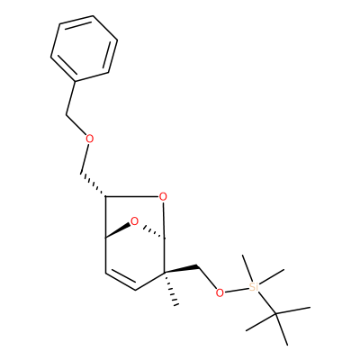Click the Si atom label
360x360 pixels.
[x=254, y=287]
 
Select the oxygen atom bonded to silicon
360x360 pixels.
[x=220, y=292]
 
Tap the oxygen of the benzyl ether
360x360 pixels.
[x=89, y=139]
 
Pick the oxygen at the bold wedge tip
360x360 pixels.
[x=134, y=221]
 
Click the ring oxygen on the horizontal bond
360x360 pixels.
[x=163, y=197]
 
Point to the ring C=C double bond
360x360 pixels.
[x=121, y=280]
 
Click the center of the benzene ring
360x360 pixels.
[x=84, y=49]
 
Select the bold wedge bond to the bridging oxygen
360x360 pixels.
[x=118, y=230]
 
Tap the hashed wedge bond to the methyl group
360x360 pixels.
[x=171, y=289]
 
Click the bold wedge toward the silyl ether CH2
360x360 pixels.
[x=181, y=269]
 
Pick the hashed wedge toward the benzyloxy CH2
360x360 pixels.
[x=93, y=184]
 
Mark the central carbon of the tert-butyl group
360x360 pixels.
[x=275, y=314]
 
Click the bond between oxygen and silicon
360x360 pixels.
[x=237, y=290]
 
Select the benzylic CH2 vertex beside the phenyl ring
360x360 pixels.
[x=66, y=115]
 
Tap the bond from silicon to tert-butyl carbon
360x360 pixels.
[x=266, y=302]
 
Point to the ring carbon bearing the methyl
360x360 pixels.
[x=165, y=273]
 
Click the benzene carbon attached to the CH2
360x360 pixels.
[x=75, y=81]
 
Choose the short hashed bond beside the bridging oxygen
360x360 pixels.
[x=154, y=233]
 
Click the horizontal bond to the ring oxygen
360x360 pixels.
[x=131, y=197]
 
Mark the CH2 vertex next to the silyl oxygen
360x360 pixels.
[x=197, y=266]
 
